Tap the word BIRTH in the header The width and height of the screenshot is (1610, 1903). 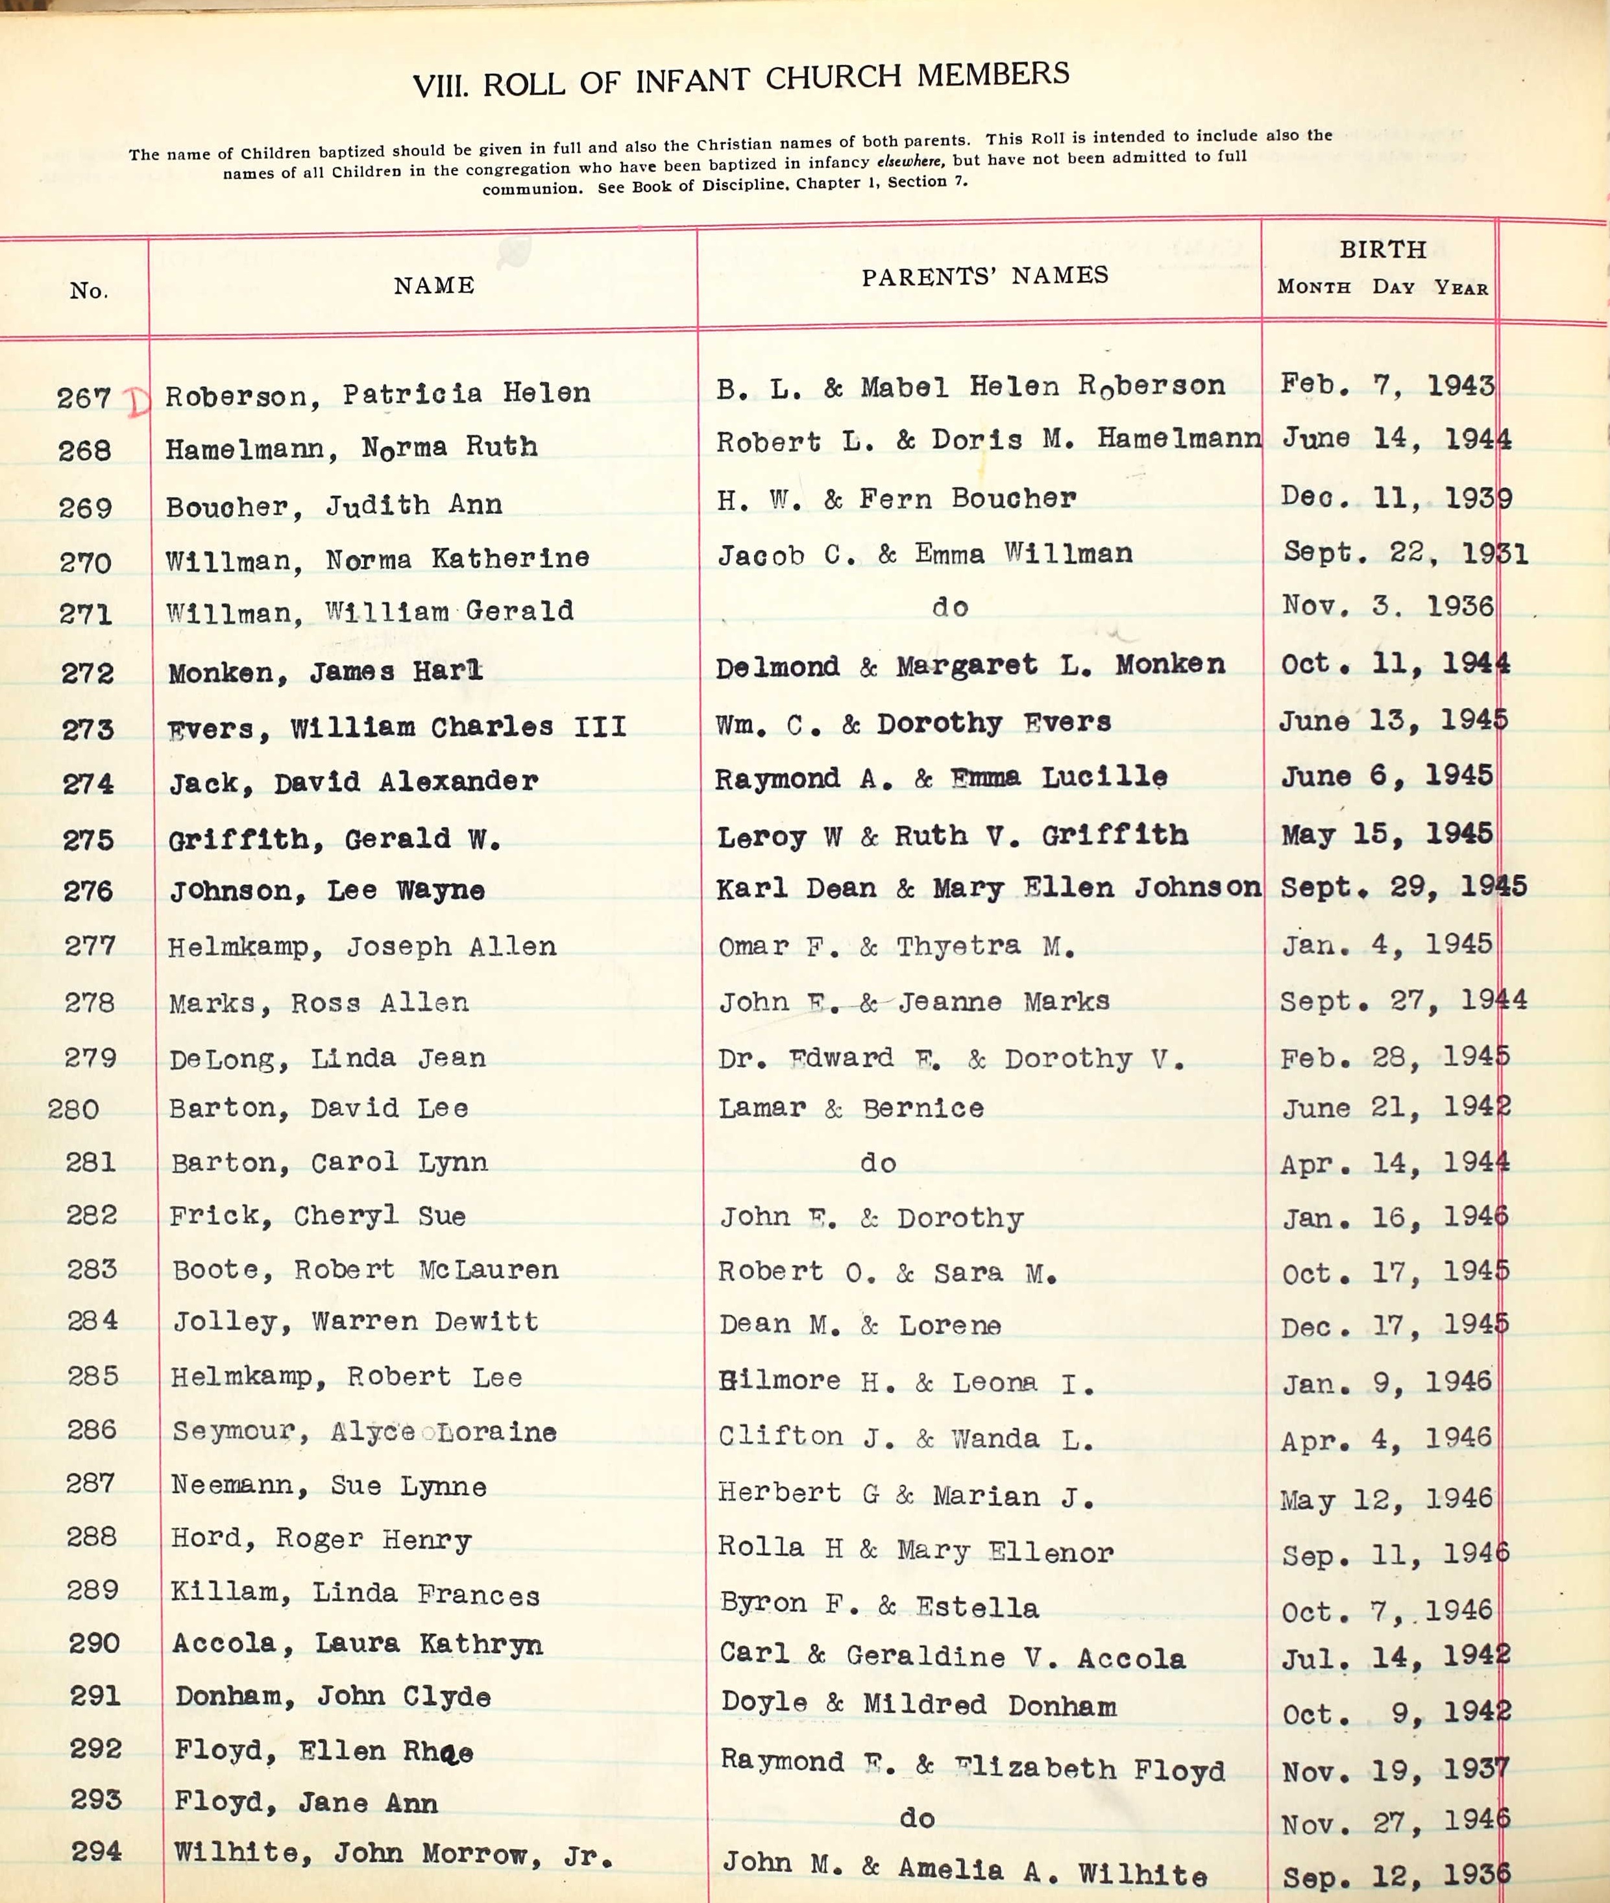1382,249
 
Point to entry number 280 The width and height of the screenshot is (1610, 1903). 73,1109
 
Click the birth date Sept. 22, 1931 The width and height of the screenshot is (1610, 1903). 1405,553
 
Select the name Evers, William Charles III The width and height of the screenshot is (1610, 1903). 397,727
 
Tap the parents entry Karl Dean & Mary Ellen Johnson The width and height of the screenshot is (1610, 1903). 988,887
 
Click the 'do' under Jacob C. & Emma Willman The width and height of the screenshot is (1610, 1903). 949,607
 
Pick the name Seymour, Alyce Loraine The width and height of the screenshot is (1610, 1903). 364,1431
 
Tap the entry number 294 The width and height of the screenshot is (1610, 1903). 96,1851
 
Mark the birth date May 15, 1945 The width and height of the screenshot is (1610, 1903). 1385,833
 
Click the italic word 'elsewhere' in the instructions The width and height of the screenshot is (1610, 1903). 910,162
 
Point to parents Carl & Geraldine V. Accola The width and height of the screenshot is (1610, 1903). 952,1656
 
